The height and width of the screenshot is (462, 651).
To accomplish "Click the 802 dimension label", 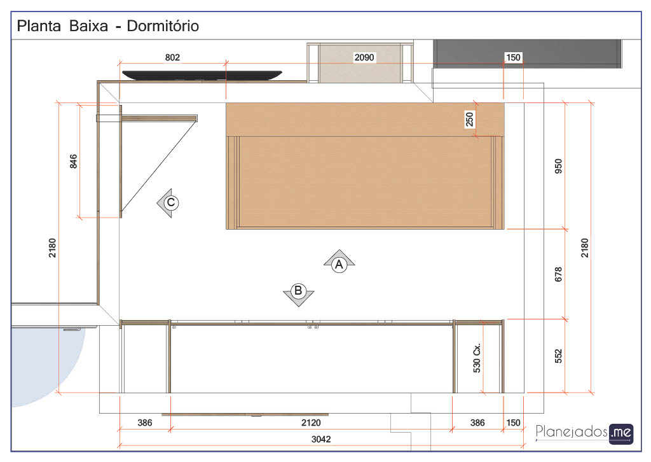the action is click(x=172, y=57).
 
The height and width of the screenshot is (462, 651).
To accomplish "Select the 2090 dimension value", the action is click(x=364, y=57).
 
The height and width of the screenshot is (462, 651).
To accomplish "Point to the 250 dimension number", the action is click(x=469, y=120).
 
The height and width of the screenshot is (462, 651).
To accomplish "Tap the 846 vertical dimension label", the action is click(x=73, y=162).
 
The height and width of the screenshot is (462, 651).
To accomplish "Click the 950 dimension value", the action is click(x=558, y=166).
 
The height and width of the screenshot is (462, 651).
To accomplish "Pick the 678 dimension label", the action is click(x=558, y=274).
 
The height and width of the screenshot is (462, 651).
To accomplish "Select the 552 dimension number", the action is click(x=558, y=356).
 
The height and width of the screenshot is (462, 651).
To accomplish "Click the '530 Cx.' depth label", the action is click(x=477, y=358).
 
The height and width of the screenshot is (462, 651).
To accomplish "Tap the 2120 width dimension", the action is click(x=311, y=423).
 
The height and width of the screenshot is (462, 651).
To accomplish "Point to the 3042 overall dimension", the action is click(x=321, y=439).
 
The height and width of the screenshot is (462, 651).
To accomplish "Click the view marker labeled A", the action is click(x=339, y=262).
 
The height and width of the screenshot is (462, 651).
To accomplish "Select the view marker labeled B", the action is click(x=299, y=294).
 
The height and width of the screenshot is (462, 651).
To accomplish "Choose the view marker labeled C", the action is click(x=168, y=203).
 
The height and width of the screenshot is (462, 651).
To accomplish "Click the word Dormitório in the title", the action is click(x=163, y=25).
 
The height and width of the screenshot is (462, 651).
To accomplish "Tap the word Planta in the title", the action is click(x=39, y=25).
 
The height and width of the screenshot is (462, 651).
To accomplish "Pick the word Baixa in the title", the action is click(x=88, y=25).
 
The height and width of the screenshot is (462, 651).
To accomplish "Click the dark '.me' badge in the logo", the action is click(x=622, y=433).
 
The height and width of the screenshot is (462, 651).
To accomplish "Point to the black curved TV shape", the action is click(x=202, y=75).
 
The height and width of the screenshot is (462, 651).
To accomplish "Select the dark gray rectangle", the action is click(x=527, y=53).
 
